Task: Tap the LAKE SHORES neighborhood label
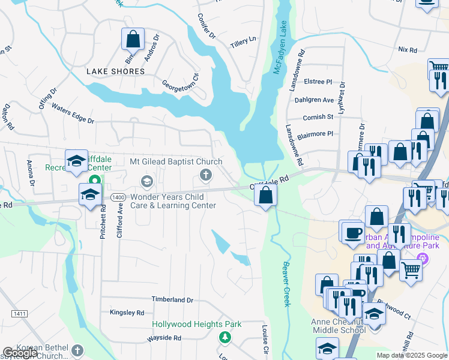(116, 71)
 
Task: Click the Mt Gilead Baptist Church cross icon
(205, 175)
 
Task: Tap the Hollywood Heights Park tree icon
(225, 337)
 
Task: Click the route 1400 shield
(118, 197)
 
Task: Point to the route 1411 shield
(19, 314)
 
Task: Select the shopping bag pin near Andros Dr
(133, 40)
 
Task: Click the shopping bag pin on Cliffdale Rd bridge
(265, 195)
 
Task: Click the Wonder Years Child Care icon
(146, 181)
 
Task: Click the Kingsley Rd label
(127, 313)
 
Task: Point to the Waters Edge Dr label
(73, 113)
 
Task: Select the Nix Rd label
(407, 49)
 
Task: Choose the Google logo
(20, 353)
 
